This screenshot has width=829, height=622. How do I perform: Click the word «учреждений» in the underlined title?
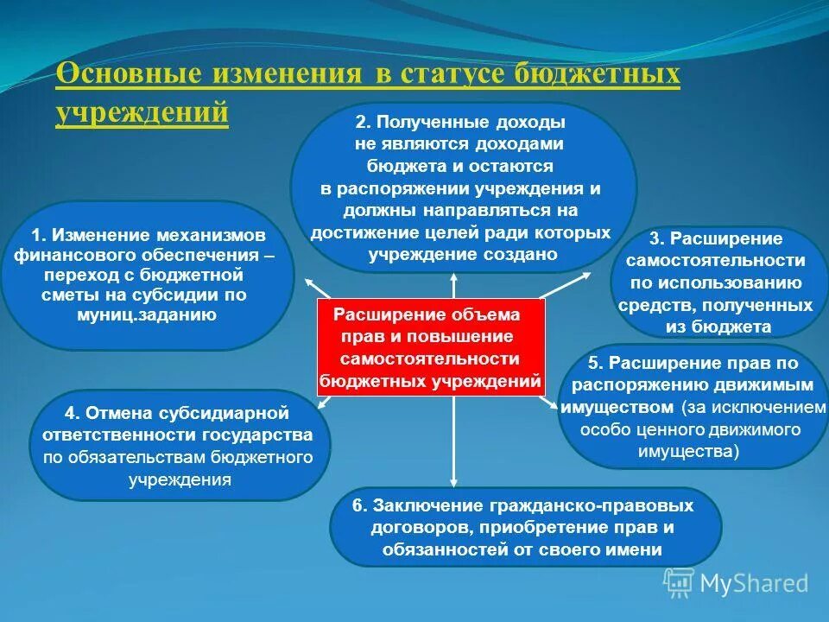coord(142,111)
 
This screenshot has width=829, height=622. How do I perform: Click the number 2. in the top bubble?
coord(362,121)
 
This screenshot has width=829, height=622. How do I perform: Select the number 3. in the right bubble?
coord(657,238)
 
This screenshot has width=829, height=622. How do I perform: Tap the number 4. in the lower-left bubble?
coord(72,414)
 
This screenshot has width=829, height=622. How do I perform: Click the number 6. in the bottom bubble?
coord(358,505)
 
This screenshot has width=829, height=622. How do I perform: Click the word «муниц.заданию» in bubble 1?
coord(146,314)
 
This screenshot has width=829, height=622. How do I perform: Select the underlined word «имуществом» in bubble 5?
coord(616,407)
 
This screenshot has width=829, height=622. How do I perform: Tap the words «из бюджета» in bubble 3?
coord(718,327)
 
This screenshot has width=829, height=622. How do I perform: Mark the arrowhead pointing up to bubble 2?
coord(453,278)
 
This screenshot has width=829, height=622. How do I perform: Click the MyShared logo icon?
coord(679,583)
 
